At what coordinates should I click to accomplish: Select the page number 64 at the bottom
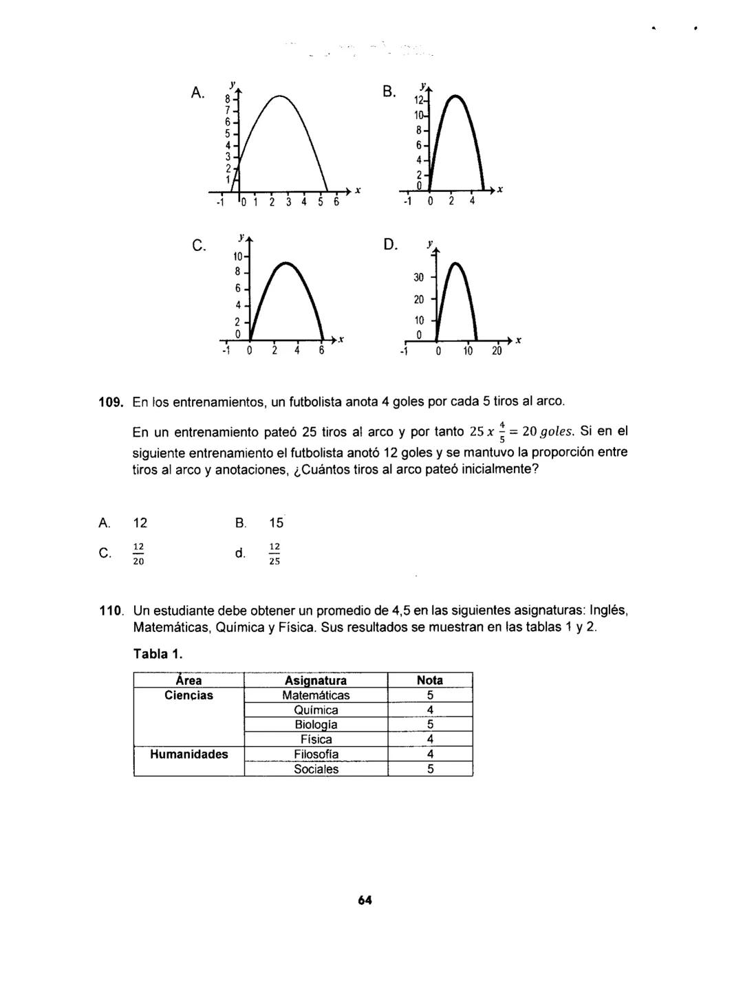pos(365,901)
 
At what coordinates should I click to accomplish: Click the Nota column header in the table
pos(430,680)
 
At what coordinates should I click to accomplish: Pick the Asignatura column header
pos(316,680)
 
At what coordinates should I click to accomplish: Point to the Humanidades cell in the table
pos(189,754)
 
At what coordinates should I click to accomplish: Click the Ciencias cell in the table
pos(189,695)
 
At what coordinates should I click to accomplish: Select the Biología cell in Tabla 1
pos(316,725)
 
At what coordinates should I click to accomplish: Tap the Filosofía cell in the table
pos(316,754)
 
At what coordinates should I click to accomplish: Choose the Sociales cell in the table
pos(316,770)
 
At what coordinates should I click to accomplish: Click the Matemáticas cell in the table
pos(316,695)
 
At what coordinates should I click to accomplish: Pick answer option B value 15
pos(277,523)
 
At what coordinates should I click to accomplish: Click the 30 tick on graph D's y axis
pos(418,277)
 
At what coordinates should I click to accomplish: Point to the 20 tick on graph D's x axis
pos(496,352)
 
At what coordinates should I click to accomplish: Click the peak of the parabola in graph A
pos(279,96)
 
